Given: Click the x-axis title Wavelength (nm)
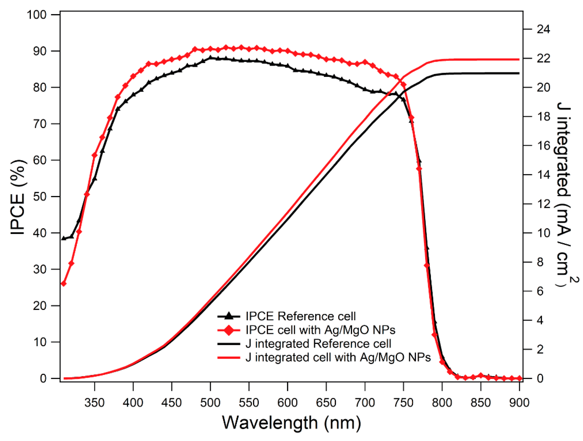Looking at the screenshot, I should click(291, 423).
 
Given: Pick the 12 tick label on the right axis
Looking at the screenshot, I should click(543, 204).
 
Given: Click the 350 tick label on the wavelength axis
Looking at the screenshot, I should click(94, 403).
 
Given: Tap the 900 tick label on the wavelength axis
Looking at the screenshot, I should click(519, 403).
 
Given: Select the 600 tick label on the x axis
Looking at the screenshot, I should click(287, 403).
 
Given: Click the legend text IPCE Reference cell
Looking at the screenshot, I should click(300, 316).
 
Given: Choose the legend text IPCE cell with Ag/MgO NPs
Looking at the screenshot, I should click(320, 330).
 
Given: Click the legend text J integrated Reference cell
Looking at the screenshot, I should click(318, 344).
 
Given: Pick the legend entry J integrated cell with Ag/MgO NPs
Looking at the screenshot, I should click(338, 357).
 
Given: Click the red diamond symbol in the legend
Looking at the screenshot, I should click(229, 330).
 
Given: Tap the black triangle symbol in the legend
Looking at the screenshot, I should click(229, 316).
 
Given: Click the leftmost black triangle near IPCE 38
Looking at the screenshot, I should click(64, 238).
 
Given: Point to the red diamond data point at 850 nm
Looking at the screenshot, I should click(481, 375).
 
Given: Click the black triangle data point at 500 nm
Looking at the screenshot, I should click(210, 58).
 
